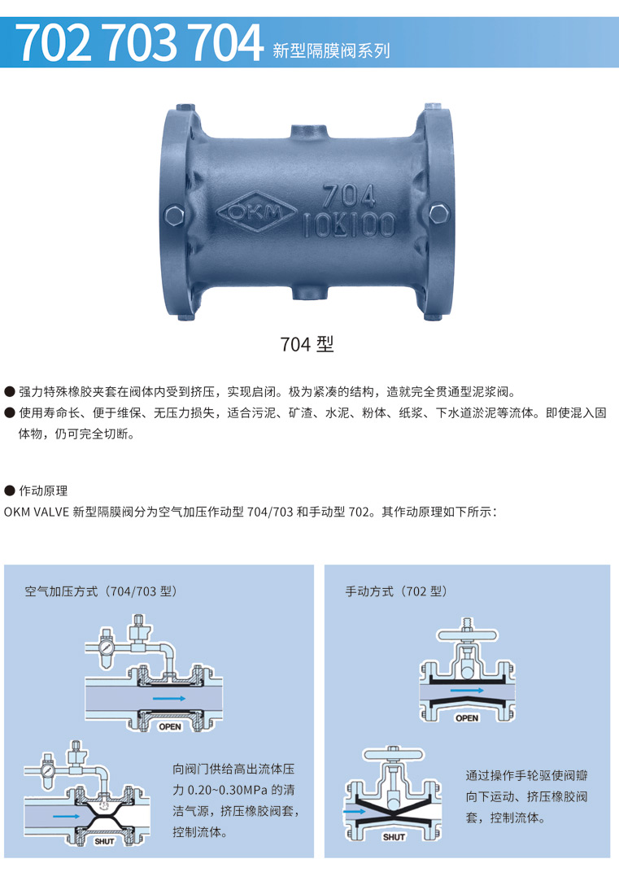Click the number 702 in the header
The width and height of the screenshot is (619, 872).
coord(55,42)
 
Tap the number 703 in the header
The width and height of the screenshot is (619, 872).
coord(140,42)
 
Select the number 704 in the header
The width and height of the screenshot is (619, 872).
coord(225,42)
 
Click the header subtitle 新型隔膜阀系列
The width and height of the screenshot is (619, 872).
coord(332,51)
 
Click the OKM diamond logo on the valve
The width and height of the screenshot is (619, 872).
coord(257,211)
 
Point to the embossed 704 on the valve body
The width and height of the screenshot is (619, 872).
coord(349,196)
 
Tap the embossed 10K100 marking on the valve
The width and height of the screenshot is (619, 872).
coord(349,225)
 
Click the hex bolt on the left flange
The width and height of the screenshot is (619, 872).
coord(175,214)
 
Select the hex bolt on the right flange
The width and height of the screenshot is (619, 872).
coord(439,213)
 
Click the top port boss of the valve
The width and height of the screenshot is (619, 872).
coord(308,133)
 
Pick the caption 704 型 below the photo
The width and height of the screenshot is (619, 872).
coord(307,344)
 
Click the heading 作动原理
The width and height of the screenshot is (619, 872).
coord(43,490)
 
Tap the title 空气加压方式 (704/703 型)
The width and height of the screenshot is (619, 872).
coord(101,591)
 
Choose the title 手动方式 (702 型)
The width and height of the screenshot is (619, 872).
coord(396,591)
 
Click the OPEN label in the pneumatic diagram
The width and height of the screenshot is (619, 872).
coord(170,726)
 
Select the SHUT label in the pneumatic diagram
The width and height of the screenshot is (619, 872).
coord(104,841)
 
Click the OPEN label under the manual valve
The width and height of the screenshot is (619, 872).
coord(467,718)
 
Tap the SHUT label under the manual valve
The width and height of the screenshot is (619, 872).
coord(394,836)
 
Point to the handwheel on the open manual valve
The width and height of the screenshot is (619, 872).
coord(468,635)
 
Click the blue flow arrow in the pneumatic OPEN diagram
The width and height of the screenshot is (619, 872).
coord(170,698)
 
